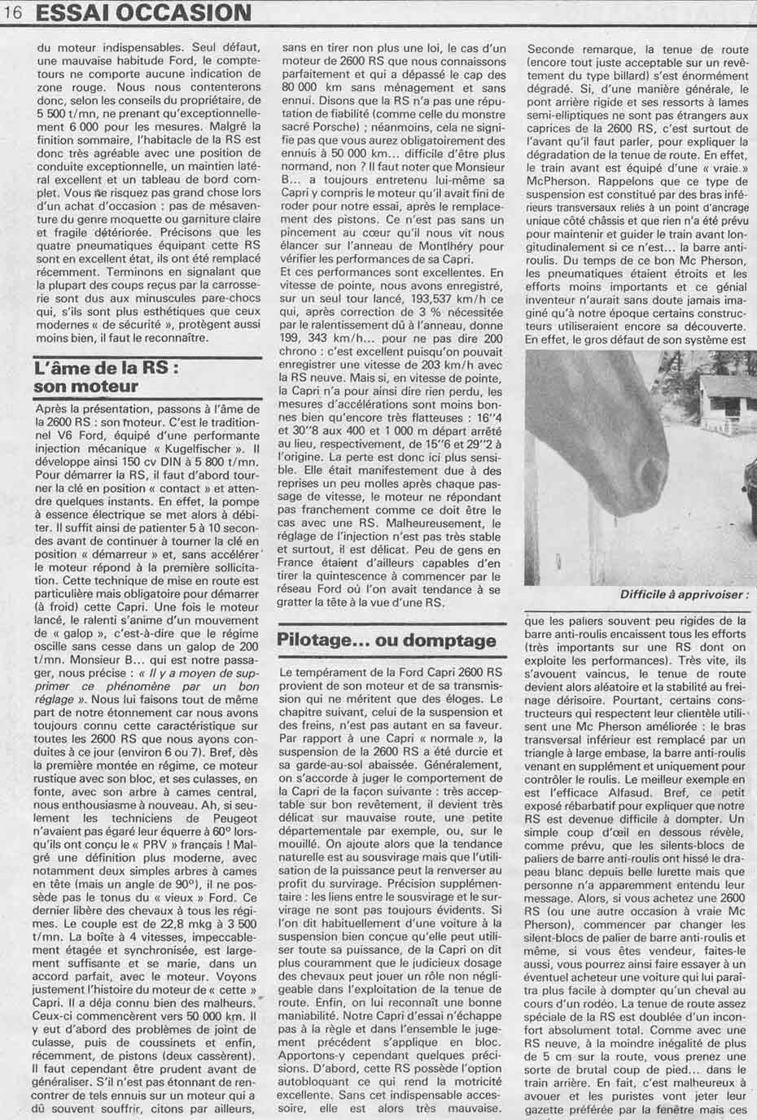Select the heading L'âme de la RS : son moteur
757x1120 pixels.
tap(106, 376)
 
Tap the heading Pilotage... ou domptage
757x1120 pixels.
tap(387, 640)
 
